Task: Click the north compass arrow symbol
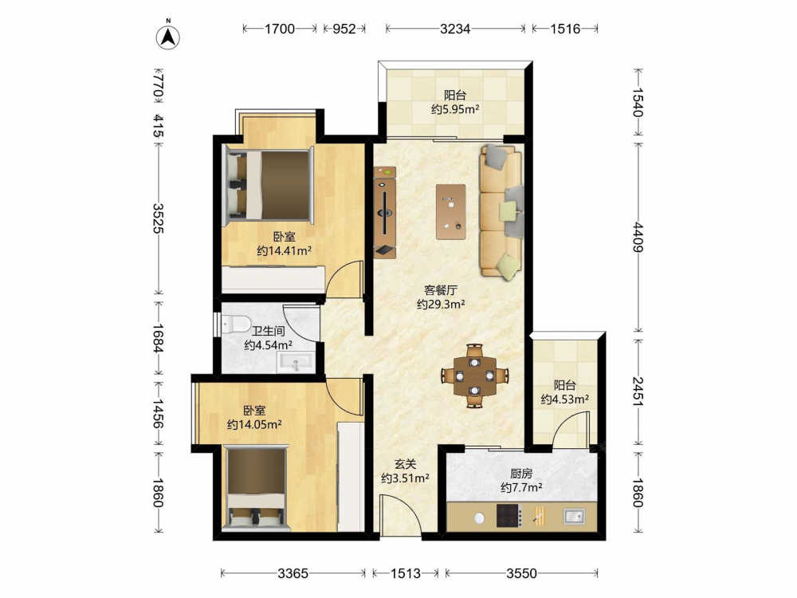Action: tap(167, 36)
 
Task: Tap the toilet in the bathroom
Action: tap(236, 324)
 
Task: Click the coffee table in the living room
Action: tap(451, 211)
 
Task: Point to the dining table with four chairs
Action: tap(475, 376)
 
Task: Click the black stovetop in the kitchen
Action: tap(509, 516)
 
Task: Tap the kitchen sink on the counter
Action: tap(574, 517)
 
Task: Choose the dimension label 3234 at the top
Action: tap(455, 29)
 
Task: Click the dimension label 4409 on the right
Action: tap(638, 237)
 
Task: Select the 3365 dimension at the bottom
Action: tap(292, 573)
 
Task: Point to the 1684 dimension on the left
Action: tap(158, 339)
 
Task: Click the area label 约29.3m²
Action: tap(441, 304)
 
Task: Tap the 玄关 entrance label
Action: tap(406, 464)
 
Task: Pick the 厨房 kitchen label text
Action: tap(521, 474)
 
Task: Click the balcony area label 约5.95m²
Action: tap(455, 108)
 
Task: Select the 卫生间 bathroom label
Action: tap(269, 331)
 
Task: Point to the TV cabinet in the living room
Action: tap(385, 213)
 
